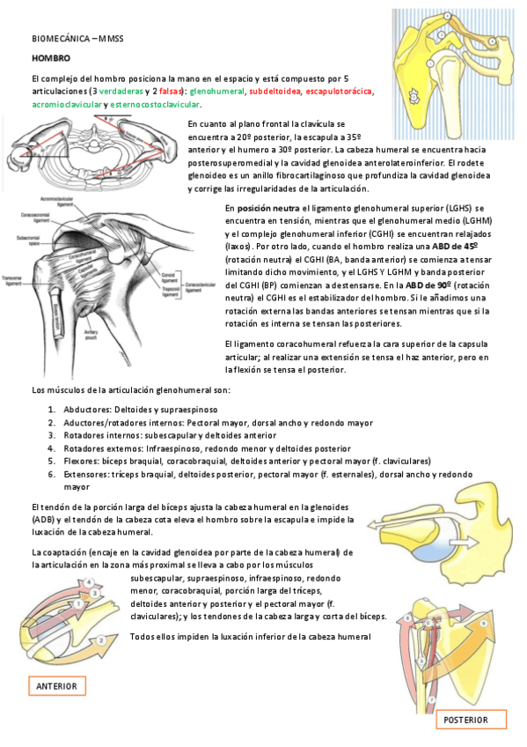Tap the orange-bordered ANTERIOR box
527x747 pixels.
[56, 686]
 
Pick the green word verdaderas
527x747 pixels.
[118, 91]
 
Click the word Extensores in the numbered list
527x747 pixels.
[88, 473]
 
